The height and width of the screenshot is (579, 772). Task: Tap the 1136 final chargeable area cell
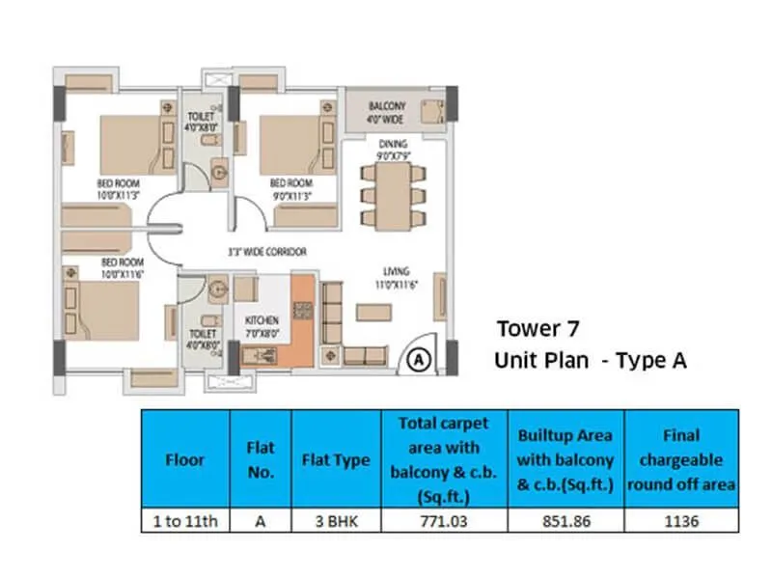[x=681, y=521]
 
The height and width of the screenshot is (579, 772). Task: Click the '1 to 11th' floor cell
[x=185, y=521]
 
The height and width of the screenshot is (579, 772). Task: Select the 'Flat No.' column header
[x=261, y=460]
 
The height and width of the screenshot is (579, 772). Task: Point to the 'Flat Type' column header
[x=337, y=460]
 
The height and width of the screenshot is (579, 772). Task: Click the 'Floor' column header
[x=185, y=460]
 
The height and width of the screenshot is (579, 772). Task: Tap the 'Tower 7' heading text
[x=538, y=327]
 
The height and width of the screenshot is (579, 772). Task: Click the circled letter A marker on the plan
[x=418, y=359]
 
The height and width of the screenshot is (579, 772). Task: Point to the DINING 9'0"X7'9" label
[x=393, y=149]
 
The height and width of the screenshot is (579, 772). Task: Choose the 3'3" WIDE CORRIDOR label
[x=267, y=252]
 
